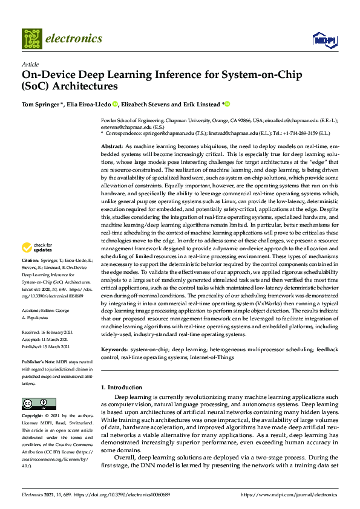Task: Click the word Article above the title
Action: tap(30, 64)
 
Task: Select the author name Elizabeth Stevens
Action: tap(151, 103)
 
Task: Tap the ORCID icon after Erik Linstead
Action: tap(228, 103)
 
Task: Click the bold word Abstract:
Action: tap(111, 147)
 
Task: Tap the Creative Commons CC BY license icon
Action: tap(34, 403)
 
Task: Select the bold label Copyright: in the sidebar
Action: tap(34, 417)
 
